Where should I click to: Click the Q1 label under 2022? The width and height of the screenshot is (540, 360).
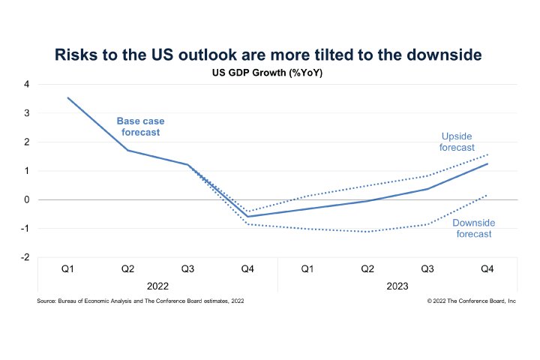point(67,268)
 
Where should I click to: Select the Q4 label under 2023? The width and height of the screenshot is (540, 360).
point(487,268)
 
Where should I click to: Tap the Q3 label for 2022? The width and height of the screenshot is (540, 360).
point(187,268)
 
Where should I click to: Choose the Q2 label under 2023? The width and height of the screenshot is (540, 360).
point(367,268)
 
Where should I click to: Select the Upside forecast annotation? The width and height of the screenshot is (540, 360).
point(457,142)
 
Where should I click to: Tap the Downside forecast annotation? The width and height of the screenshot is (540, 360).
point(472,228)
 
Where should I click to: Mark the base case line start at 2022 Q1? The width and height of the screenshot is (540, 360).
point(68,97)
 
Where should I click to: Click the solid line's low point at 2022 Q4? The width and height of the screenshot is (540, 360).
point(247,217)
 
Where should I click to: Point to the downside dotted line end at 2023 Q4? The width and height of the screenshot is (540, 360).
point(487,195)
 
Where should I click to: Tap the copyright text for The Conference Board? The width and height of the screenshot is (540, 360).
point(461,300)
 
